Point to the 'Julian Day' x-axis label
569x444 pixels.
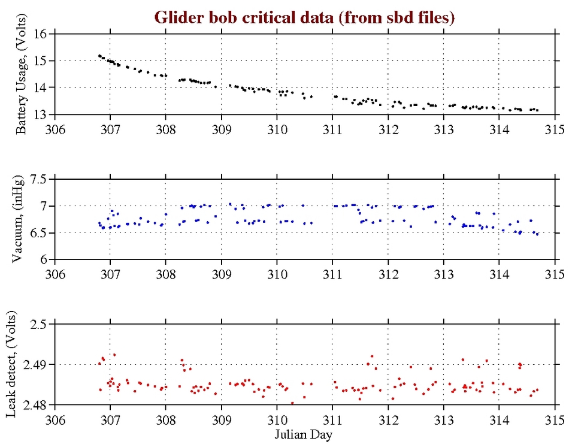point(304,433)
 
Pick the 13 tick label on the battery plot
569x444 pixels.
point(42,114)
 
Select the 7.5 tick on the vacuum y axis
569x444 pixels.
point(39,179)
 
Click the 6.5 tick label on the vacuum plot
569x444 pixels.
point(39,233)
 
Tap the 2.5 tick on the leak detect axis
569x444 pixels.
point(39,324)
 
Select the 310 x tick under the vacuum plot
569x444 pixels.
point(277,273)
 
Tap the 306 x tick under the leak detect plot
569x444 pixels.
point(55,418)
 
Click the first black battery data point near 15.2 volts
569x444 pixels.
point(99,56)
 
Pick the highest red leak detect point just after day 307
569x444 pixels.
point(114,355)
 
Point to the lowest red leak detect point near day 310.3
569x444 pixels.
point(292,403)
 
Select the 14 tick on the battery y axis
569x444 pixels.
point(42,87)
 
